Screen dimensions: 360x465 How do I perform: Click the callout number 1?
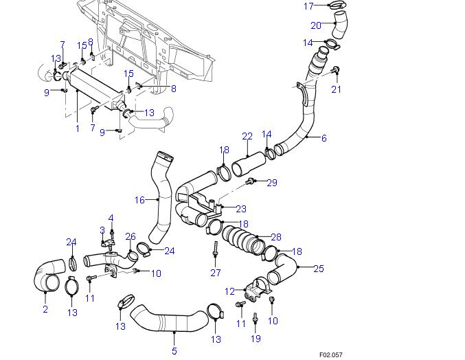[78, 128]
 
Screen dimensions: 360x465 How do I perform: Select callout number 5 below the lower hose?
[174, 351]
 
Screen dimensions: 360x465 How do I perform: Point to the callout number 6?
[324, 138]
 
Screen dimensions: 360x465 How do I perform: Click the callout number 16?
[139, 200]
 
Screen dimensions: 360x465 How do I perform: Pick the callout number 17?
[308, 6]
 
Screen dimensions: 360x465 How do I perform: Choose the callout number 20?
[316, 26]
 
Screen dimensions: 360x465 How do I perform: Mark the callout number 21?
[336, 89]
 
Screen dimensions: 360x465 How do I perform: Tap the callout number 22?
[247, 137]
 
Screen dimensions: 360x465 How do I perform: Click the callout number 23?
[240, 208]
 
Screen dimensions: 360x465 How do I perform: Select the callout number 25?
[319, 268]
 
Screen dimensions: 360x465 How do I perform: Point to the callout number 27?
[216, 273]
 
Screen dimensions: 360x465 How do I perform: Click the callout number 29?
[272, 182]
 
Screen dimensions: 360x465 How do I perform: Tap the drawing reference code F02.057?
[330, 355]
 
